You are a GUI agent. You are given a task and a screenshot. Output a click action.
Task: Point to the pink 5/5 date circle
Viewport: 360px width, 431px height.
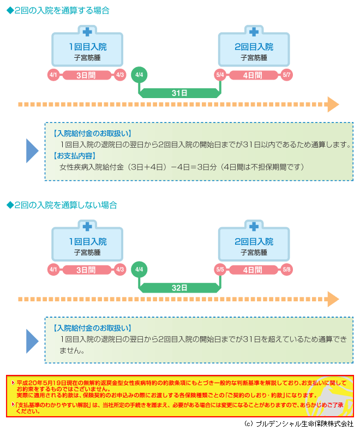pyautogui.click(x=220, y=269)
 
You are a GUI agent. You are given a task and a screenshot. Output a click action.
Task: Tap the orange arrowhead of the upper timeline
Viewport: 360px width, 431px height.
pyautogui.click(x=333, y=104)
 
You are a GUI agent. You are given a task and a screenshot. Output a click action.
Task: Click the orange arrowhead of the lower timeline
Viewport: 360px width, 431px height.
pyautogui.click(x=333, y=298)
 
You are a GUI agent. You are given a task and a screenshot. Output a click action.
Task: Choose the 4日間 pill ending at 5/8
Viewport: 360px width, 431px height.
pyautogui.click(x=254, y=269)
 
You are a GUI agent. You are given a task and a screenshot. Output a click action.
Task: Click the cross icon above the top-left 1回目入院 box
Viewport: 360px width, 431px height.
pyautogui.click(x=87, y=31)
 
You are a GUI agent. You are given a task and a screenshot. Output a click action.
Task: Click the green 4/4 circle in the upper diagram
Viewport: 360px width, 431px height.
pyautogui.click(x=139, y=75)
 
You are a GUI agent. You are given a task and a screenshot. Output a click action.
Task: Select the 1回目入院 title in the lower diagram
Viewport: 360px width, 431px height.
pyautogui.click(x=87, y=241)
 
